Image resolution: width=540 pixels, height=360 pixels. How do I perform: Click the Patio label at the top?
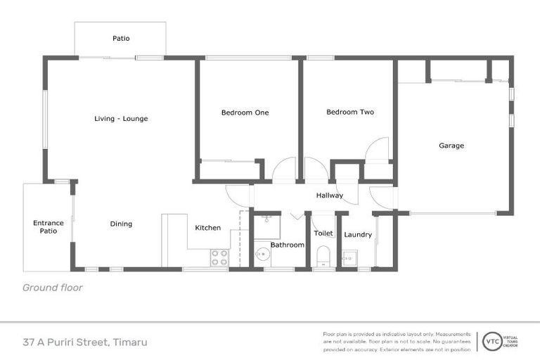point(121,39)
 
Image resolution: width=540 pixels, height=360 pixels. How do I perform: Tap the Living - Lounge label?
point(121,119)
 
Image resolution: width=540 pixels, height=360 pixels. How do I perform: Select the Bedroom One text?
point(245,112)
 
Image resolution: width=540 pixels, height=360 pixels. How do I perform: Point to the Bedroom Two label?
point(349,112)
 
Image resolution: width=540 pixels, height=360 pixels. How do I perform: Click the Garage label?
point(451,146)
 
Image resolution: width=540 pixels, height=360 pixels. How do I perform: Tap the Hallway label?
point(329,195)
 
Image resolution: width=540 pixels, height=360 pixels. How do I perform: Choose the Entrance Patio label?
point(49,227)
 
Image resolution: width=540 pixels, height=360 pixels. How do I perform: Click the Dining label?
point(121,224)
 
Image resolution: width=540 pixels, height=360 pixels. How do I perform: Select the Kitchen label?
point(207,228)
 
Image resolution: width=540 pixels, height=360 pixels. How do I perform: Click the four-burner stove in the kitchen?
point(219,257)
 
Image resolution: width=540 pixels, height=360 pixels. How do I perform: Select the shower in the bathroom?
point(267,226)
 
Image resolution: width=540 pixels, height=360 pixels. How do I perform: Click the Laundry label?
point(358,235)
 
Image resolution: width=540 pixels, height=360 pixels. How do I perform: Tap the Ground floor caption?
point(53,287)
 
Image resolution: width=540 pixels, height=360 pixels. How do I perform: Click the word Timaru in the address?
point(130,342)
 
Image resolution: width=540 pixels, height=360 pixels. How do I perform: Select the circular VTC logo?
point(491,342)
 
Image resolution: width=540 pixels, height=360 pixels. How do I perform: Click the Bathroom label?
point(288,245)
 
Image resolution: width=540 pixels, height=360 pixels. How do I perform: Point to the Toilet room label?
point(323,233)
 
